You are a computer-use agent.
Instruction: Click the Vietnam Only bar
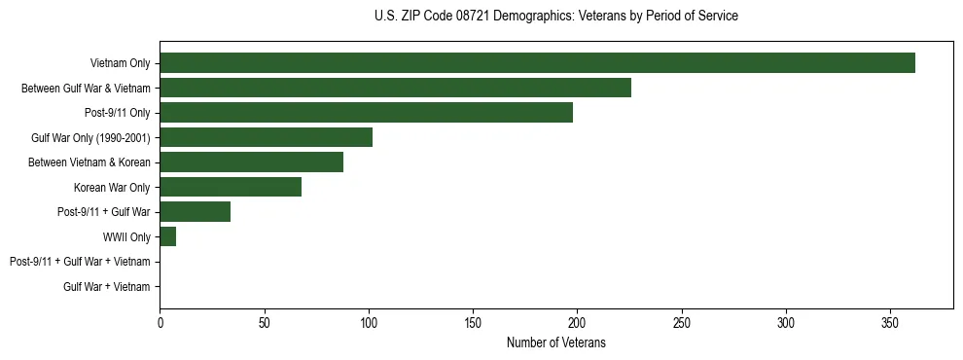pyautogui.click(x=537, y=63)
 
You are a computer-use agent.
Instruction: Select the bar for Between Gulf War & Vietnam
pyautogui.click(x=395, y=88)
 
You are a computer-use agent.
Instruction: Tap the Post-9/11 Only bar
pyautogui.click(x=366, y=113)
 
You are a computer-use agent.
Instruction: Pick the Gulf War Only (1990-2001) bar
pyautogui.click(x=266, y=137)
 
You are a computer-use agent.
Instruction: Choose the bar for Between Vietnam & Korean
pyautogui.click(x=251, y=162)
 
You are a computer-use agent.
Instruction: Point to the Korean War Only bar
pyautogui.click(x=231, y=187)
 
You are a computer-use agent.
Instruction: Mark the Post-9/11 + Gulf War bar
pyautogui.click(x=195, y=212)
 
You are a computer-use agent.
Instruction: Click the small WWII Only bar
pyautogui.click(x=167, y=236)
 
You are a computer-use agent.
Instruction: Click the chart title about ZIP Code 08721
pyautogui.click(x=555, y=17)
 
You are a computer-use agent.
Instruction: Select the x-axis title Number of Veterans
pyautogui.click(x=555, y=342)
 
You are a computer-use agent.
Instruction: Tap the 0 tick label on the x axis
pyautogui.click(x=160, y=322)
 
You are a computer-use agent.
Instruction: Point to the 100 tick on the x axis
pyautogui.click(x=369, y=322)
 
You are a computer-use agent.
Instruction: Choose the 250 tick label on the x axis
pyautogui.click(x=682, y=322)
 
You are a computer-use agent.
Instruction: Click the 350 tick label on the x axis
pyautogui.click(x=890, y=322)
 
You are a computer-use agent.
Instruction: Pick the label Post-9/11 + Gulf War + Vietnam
pyautogui.click(x=80, y=262)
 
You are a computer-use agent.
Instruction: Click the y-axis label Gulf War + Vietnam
pyautogui.click(x=107, y=286)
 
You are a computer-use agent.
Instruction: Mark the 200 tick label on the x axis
pyautogui.click(x=577, y=322)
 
